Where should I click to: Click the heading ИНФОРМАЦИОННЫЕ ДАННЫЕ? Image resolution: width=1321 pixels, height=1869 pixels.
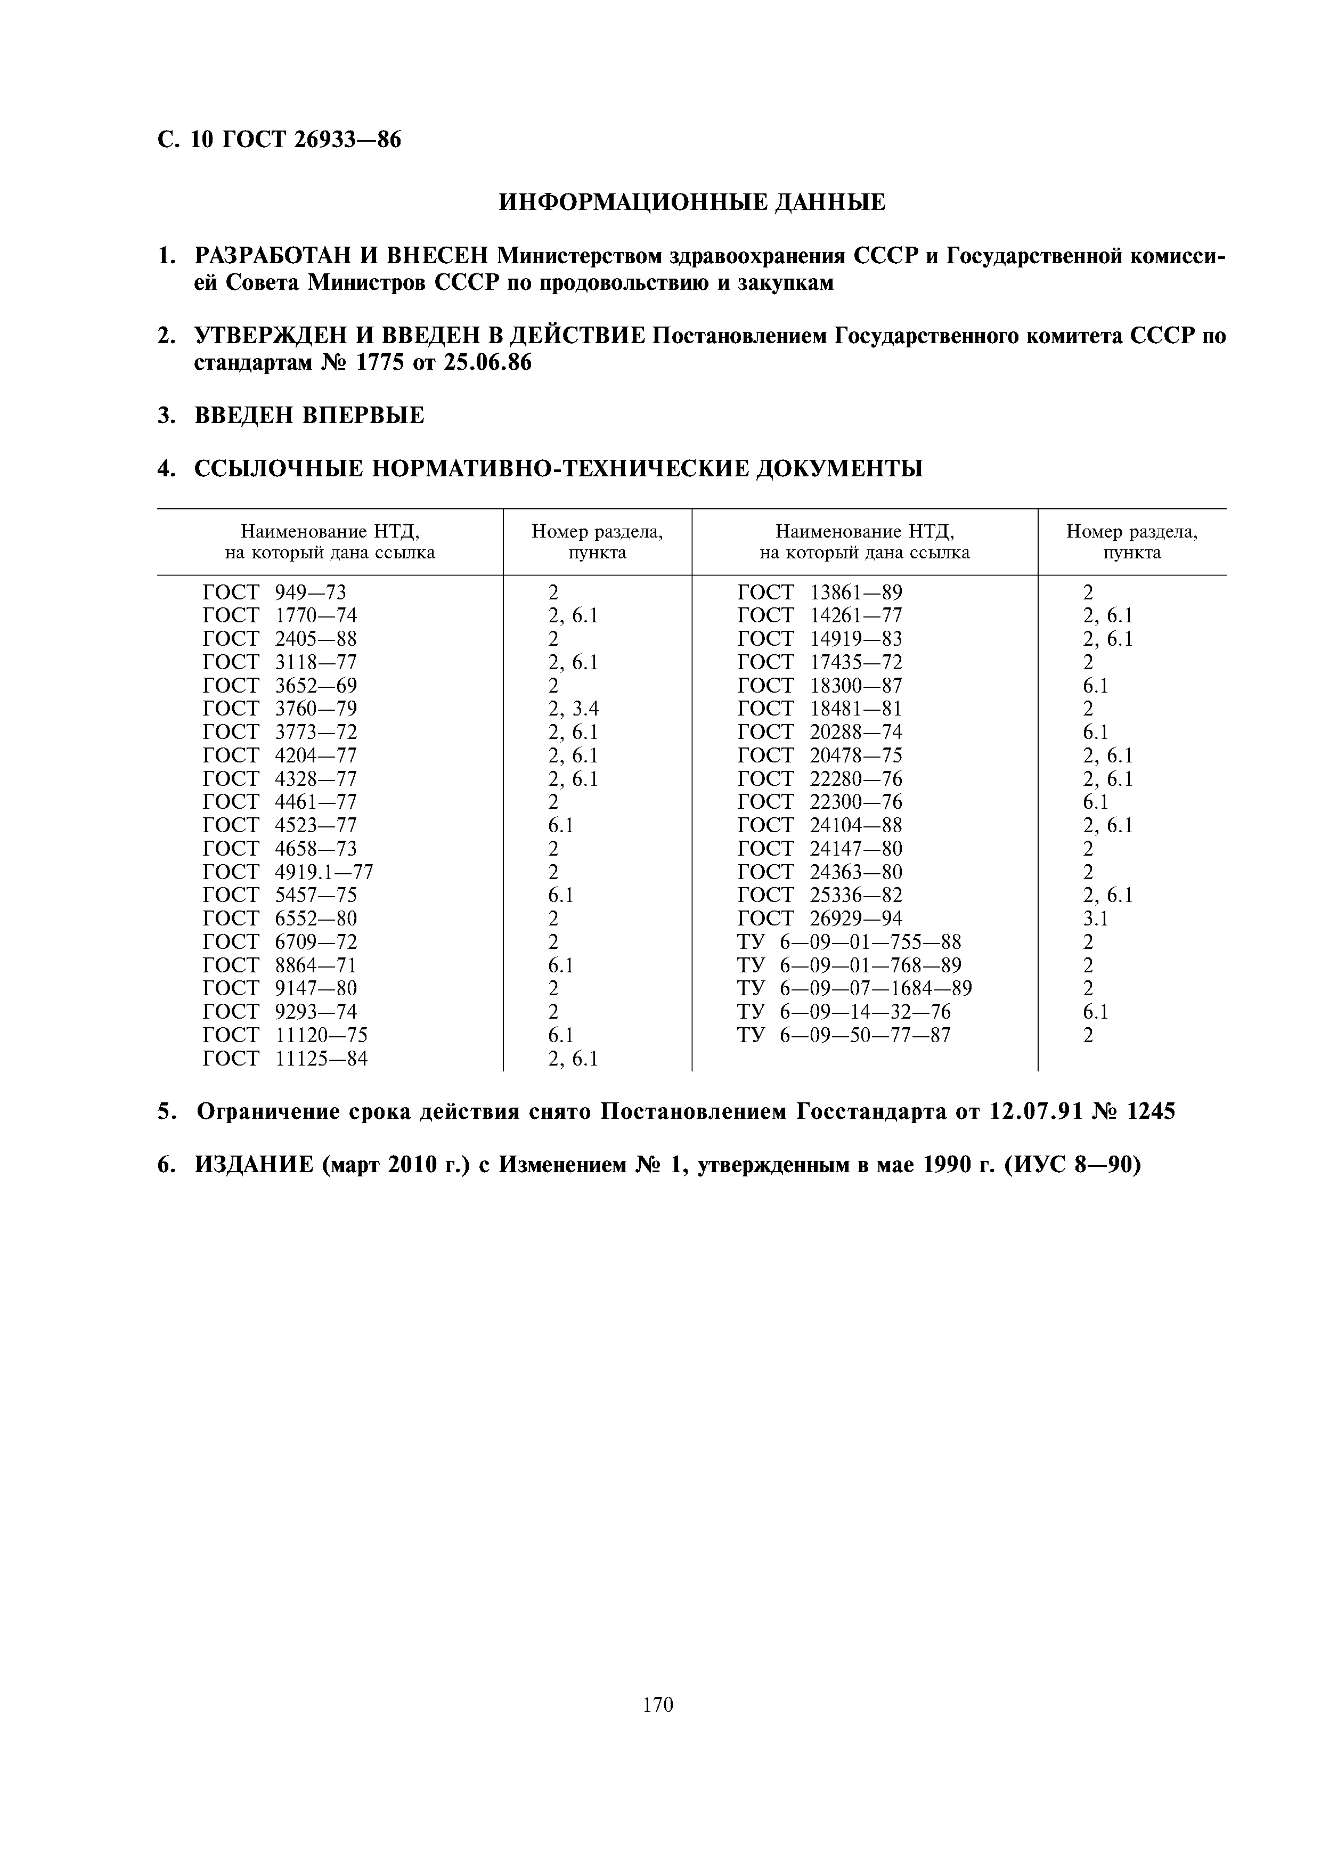pyautogui.click(x=692, y=202)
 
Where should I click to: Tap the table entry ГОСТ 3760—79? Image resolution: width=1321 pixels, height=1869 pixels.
pyautogui.click(x=279, y=709)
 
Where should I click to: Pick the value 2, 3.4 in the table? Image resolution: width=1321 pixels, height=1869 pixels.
pyautogui.click(x=573, y=709)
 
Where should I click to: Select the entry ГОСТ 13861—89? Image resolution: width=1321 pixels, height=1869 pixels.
pyautogui.click(x=820, y=592)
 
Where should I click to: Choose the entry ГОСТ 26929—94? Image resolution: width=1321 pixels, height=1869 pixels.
pyautogui.click(x=820, y=919)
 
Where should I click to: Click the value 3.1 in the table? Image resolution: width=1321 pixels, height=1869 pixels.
pyautogui.click(x=1095, y=919)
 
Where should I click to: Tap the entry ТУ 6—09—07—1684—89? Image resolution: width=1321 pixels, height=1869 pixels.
pyautogui.click(x=854, y=988)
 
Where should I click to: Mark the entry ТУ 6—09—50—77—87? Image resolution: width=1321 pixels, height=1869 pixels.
pyautogui.click(x=844, y=1035)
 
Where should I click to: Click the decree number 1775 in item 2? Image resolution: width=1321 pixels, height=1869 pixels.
pyautogui.click(x=386, y=363)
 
